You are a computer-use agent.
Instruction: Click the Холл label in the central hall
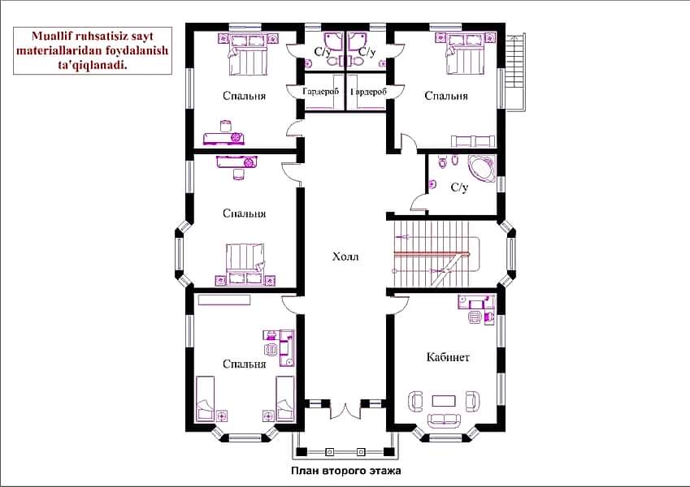[x=345, y=256]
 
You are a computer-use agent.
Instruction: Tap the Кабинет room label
[x=448, y=357]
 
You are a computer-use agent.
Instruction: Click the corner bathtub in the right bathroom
[x=482, y=168]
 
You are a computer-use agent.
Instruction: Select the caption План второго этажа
[x=346, y=471]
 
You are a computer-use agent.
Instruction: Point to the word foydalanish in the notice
[x=137, y=50]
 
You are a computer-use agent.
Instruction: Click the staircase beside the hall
[x=433, y=253]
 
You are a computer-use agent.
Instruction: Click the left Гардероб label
[x=321, y=92]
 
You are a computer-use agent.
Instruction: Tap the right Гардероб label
[x=368, y=92]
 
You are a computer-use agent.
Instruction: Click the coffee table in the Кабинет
[x=444, y=401]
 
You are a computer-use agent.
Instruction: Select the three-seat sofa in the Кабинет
[x=444, y=420]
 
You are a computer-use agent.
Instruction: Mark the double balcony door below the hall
[x=345, y=410]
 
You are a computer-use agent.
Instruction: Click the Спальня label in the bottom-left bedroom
[x=245, y=364]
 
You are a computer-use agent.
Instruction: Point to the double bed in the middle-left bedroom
[x=245, y=265]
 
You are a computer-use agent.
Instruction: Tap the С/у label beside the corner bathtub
[x=459, y=187]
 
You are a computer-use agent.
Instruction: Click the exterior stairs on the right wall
[x=515, y=72]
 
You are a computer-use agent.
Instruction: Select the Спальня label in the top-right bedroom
[x=445, y=96]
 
